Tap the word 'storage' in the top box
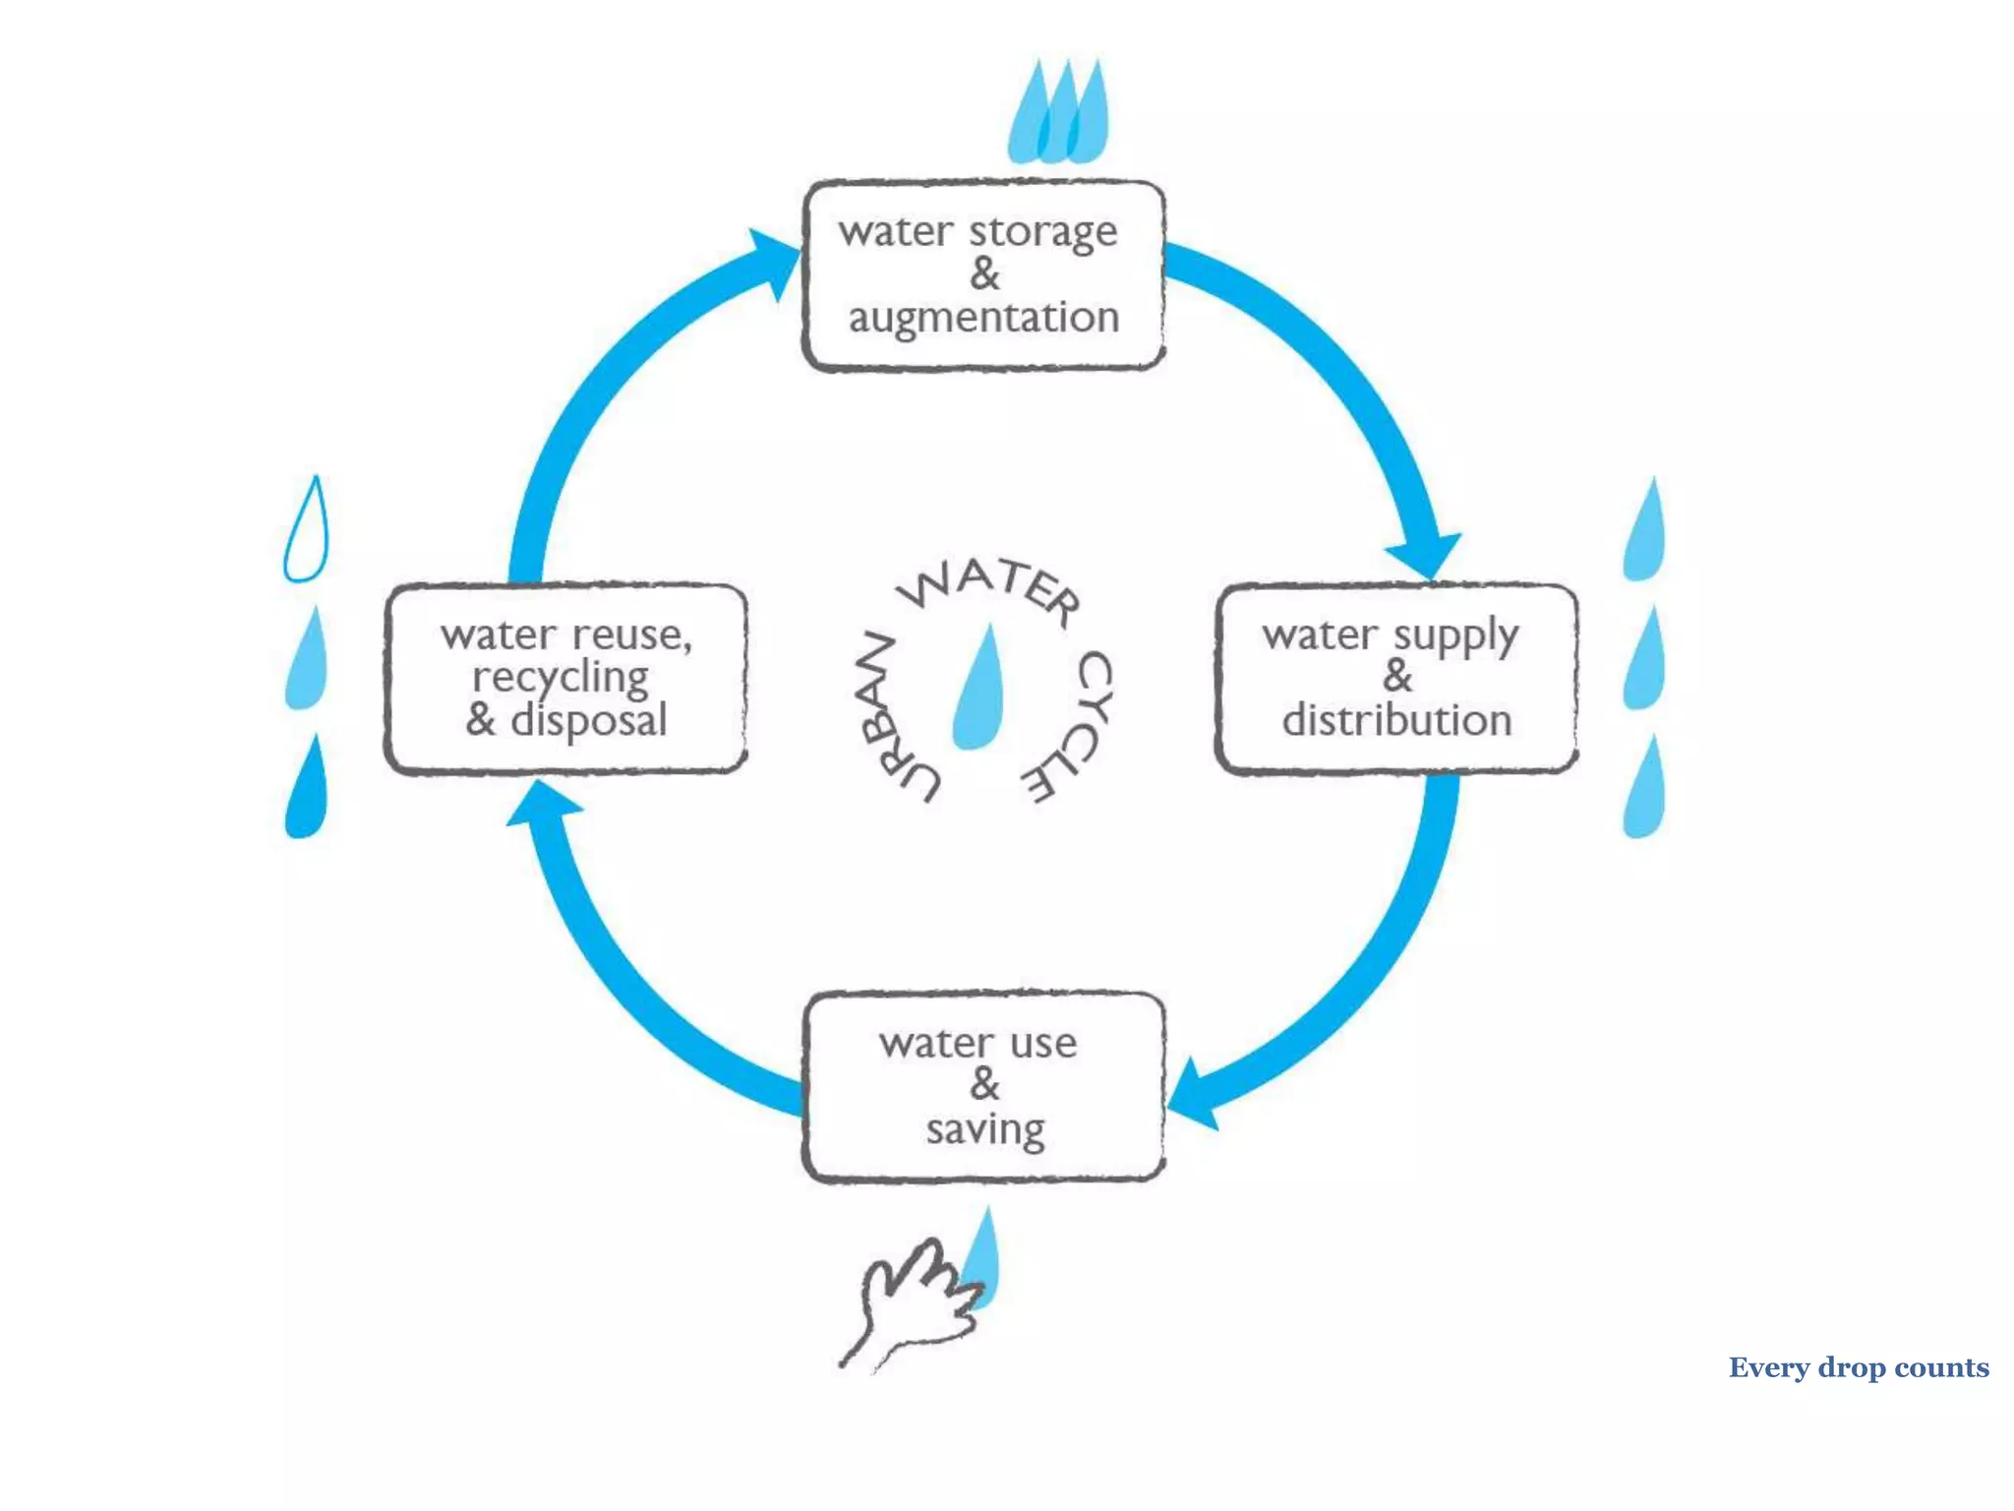point(1043,233)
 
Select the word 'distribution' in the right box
point(1396,721)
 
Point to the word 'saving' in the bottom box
point(985,1129)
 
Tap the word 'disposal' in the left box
point(589,721)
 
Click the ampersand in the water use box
point(984,1085)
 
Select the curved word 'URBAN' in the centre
point(890,716)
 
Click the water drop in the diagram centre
point(979,689)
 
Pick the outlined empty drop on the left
point(306,531)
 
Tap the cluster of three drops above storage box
point(1059,114)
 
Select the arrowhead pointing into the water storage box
point(777,261)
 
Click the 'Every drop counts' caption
point(1858,1367)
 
